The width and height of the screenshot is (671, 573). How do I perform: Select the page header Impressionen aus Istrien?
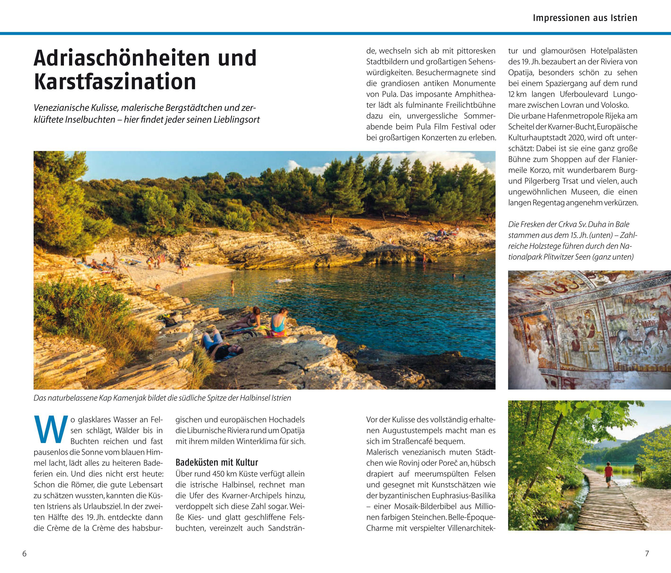click(x=585, y=18)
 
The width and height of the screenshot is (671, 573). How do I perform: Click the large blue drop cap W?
click(x=50, y=430)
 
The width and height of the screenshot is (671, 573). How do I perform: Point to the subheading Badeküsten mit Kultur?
click(x=217, y=462)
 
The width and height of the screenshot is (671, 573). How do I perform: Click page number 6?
click(x=24, y=554)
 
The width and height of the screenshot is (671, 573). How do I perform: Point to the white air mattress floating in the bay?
click(x=284, y=281)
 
